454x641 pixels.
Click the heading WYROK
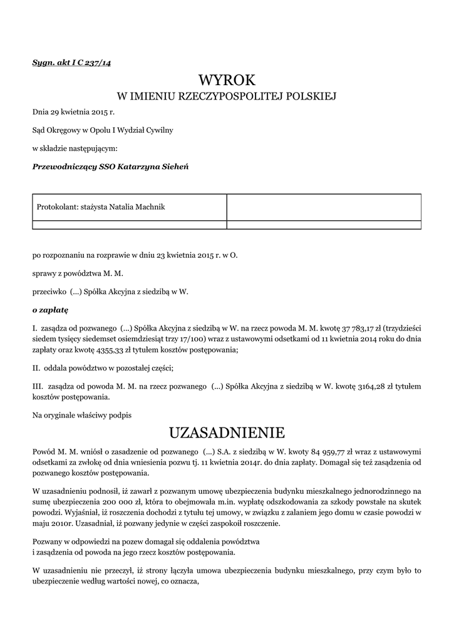pyautogui.click(x=227, y=79)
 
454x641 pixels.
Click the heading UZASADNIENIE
pyautogui.click(x=227, y=433)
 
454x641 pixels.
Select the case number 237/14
pyautogui.click(x=98, y=63)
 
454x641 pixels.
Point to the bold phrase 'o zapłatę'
pyautogui.click(x=50, y=309)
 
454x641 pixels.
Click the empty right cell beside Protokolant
pyautogui.click(x=323, y=207)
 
